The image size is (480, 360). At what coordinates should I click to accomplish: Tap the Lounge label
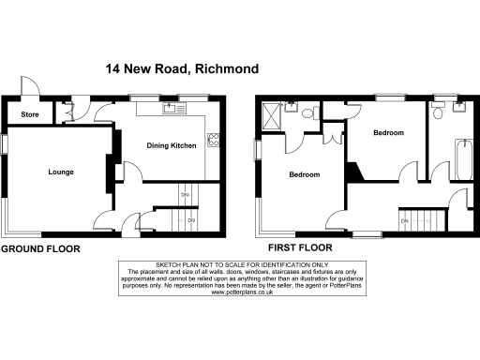[61, 172]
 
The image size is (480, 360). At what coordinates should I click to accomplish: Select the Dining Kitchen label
[173, 145]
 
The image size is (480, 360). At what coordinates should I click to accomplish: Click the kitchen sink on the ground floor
[172, 109]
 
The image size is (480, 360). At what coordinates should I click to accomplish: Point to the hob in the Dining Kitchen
[213, 142]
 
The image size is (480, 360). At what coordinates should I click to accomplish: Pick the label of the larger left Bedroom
[305, 175]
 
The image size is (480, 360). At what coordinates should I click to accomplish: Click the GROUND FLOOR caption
[39, 249]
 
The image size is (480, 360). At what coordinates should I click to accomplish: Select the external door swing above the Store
[30, 85]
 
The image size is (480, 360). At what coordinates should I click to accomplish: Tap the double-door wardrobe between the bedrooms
[332, 135]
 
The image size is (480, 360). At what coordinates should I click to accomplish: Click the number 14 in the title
[112, 68]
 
